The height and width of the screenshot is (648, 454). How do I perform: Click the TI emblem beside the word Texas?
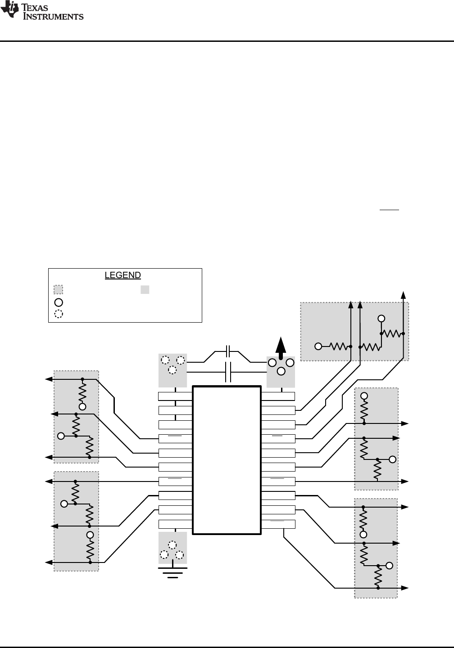tap(10, 9)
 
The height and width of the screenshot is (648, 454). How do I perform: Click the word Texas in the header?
tap(35, 7)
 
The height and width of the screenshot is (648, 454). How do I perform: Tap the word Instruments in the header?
tap(53, 16)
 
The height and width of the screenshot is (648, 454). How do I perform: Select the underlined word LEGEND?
tap(123, 275)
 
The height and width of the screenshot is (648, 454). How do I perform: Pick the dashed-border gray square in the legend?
tap(58, 290)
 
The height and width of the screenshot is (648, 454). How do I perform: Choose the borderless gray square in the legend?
tap(145, 290)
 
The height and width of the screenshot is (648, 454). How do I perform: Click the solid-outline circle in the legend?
tap(59, 302)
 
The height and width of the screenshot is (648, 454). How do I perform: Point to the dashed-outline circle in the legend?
tap(59, 314)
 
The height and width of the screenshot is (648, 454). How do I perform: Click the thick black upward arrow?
tap(281, 348)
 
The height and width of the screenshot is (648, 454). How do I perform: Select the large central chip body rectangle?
tap(227, 460)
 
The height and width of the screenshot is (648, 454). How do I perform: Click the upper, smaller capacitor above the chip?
tap(228, 351)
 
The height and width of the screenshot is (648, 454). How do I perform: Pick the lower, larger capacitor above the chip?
tap(228, 372)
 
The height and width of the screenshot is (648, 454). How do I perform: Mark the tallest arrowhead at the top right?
tap(403, 295)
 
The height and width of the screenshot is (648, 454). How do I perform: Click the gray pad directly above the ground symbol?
tap(173, 548)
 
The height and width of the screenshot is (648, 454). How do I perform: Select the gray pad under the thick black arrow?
tap(281, 372)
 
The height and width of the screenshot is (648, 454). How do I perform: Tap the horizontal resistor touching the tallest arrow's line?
tap(392, 333)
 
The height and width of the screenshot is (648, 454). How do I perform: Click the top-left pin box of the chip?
tap(175, 396)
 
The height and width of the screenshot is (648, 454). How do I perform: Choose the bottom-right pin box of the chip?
tap(278, 524)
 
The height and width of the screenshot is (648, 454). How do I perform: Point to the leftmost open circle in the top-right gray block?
tap(318, 346)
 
